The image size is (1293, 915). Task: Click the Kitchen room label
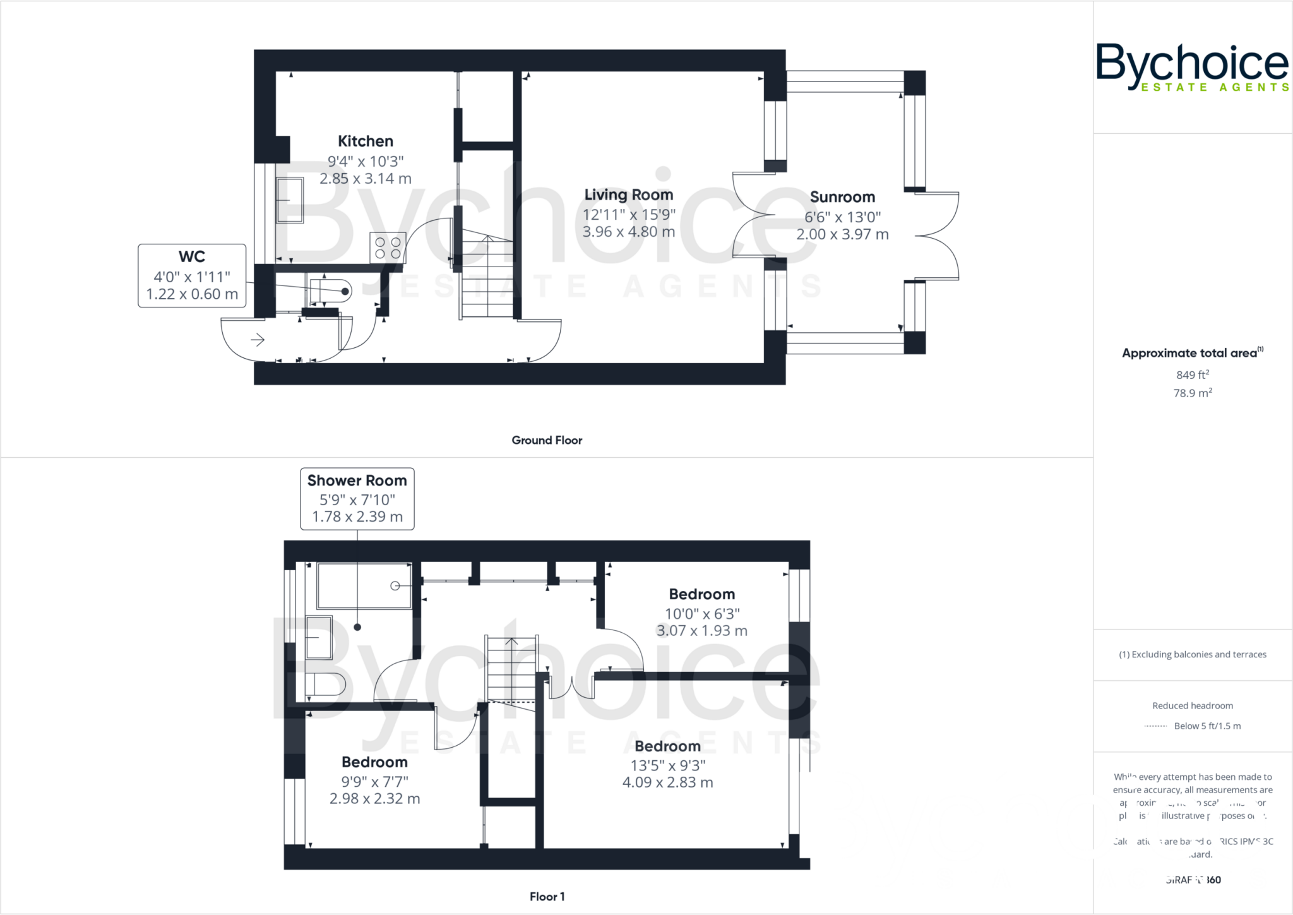click(365, 141)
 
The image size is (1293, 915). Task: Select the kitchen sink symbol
click(290, 200)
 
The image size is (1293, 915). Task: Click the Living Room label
click(628, 194)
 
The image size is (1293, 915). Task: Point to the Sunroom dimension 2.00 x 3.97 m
click(842, 234)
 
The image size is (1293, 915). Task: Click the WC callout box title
click(191, 256)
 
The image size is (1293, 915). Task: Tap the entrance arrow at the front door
click(257, 340)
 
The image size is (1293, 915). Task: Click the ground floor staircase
click(487, 278)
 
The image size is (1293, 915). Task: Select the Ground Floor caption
click(547, 440)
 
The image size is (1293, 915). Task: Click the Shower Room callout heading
click(357, 481)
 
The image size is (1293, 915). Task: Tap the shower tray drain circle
click(395, 586)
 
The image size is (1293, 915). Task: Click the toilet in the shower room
click(326, 684)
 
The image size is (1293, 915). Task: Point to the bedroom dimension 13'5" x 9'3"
click(667, 765)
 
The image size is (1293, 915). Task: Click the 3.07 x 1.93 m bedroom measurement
click(701, 630)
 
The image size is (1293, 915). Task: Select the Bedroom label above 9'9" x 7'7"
click(374, 762)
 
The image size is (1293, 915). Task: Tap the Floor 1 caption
click(547, 897)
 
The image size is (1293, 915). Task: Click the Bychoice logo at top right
click(1192, 66)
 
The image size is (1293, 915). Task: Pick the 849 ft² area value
click(1192, 375)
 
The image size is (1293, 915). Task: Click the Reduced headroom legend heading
click(1192, 706)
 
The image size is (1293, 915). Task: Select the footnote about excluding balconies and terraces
click(1192, 655)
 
